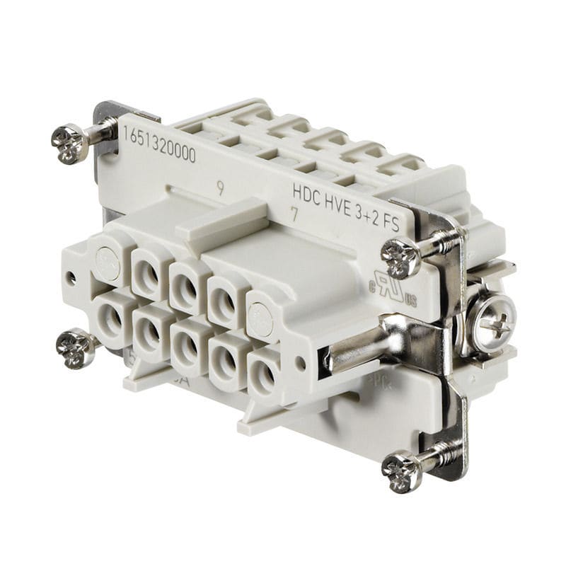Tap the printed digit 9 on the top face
[x=221, y=189]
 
